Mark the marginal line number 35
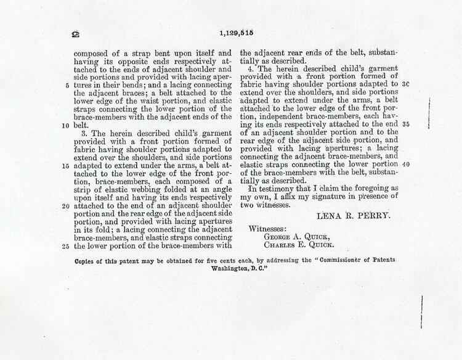click(405, 123)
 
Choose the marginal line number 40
click(405, 165)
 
